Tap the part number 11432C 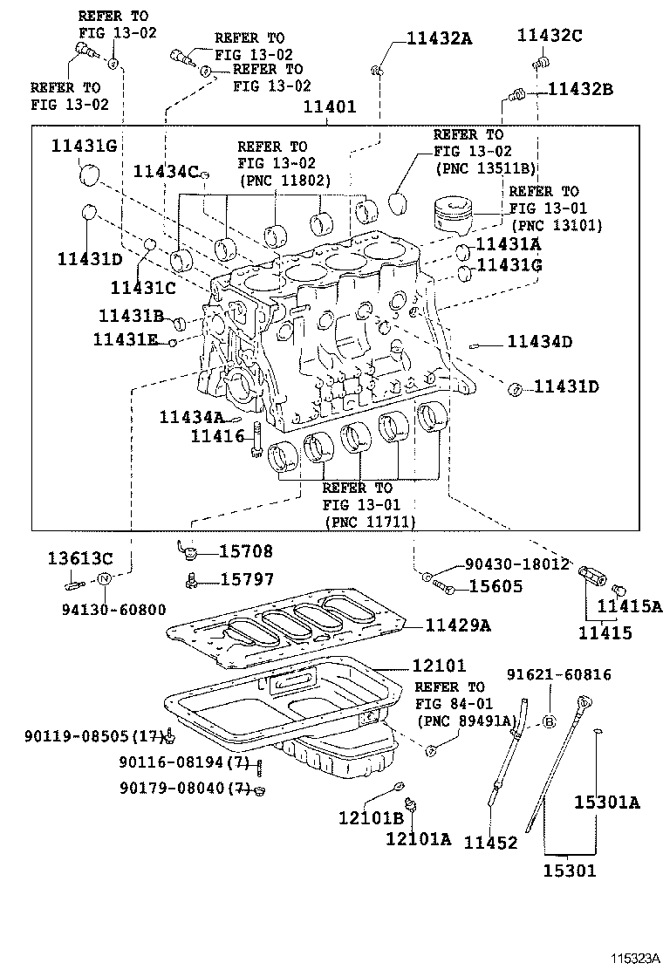[x=549, y=35]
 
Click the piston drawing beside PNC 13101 [x=457, y=219]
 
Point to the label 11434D [x=539, y=342]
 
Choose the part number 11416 [x=218, y=434]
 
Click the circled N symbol [x=103, y=579]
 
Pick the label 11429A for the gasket [x=458, y=625]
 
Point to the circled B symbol [x=550, y=721]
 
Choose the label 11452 [x=490, y=843]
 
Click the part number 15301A [x=606, y=803]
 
